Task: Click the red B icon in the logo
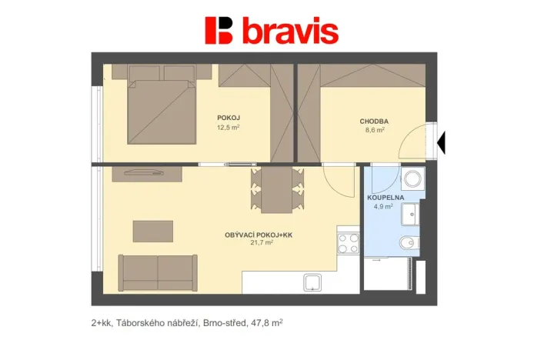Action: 219,31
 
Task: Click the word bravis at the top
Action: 290,32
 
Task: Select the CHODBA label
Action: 373,122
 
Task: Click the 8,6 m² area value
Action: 374,131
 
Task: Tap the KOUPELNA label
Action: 383,197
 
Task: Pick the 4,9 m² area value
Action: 383,206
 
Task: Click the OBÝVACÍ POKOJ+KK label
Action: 259,235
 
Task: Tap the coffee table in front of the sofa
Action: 152,231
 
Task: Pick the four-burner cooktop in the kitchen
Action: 348,243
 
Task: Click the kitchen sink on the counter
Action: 314,282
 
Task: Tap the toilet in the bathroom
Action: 409,245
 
